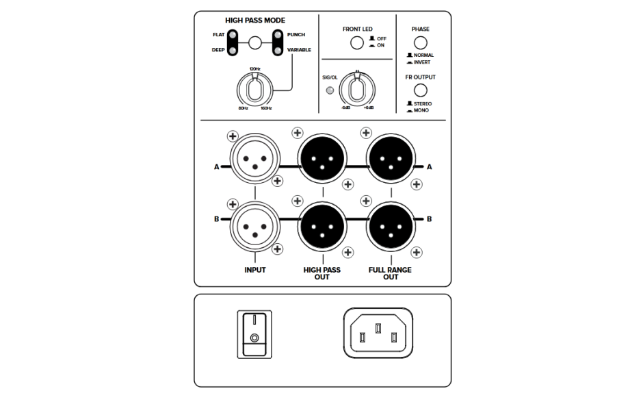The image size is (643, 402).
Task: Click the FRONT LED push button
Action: click(x=356, y=44)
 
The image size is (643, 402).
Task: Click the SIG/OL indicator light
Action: click(x=330, y=90)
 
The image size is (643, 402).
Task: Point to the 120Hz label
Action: click(x=254, y=70)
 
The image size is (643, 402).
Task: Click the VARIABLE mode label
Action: click(x=298, y=50)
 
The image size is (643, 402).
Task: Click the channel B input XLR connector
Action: click(x=254, y=225)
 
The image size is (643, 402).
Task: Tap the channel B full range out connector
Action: click(x=391, y=225)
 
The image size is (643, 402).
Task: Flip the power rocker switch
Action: click(x=254, y=334)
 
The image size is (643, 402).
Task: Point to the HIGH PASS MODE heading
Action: click(x=255, y=21)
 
